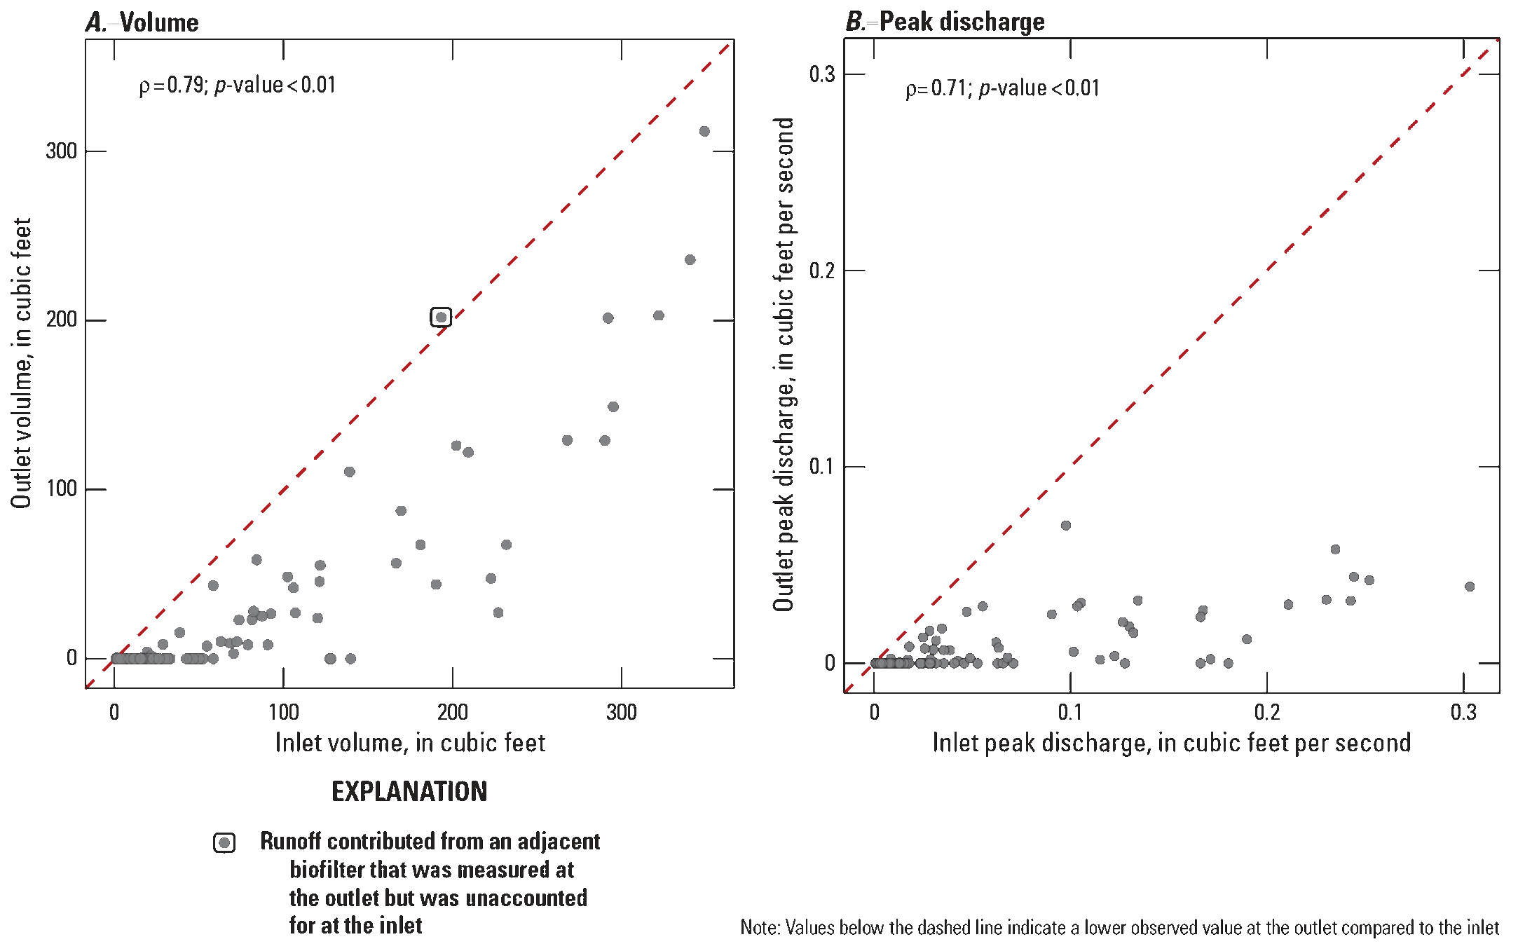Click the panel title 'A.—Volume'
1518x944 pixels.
pos(142,22)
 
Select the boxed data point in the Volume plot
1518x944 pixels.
pos(441,317)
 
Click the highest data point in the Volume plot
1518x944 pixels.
pos(704,132)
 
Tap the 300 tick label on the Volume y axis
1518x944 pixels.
pos(61,151)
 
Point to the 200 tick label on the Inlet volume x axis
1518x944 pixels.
pos(453,712)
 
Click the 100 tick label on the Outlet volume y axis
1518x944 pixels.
pos(61,488)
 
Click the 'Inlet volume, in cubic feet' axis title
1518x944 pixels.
pos(410,743)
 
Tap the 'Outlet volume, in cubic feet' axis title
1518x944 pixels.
pos(21,362)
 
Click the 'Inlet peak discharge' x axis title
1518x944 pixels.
pos(1171,743)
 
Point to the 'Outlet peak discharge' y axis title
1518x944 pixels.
pos(783,364)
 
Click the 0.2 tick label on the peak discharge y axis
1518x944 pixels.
pos(822,271)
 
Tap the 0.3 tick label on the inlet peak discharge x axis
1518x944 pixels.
pos(1463,713)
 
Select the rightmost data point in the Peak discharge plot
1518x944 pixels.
pos(1470,587)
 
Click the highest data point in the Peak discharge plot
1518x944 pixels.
pos(1066,526)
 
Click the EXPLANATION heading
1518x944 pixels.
pos(409,792)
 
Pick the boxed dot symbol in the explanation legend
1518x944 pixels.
pos(224,843)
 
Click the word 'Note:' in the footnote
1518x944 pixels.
pos(760,928)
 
